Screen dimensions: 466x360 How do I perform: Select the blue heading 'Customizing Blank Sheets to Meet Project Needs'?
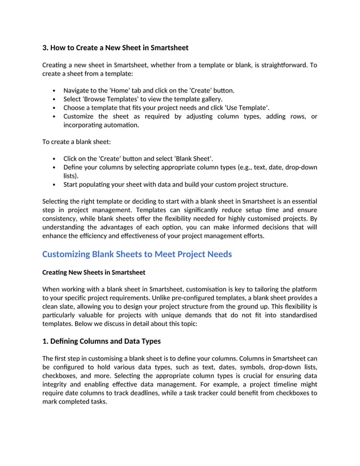[x=137, y=254]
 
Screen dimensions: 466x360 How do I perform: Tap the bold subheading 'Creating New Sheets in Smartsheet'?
[x=94, y=272]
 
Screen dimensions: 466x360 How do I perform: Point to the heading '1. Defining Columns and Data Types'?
[x=102, y=341]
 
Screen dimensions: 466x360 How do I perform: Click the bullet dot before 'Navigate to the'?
[x=53, y=90]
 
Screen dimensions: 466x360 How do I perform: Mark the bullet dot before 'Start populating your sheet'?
[x=53, y=184]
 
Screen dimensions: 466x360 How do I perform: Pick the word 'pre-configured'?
[x=206, y=298]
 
